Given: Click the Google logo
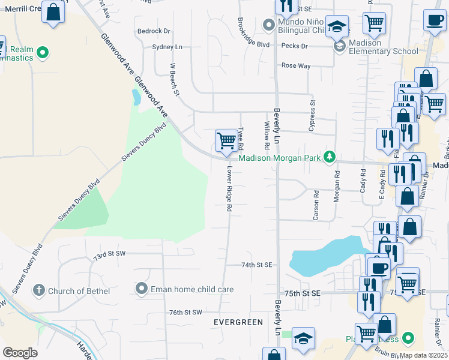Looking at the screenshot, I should click(20, 352).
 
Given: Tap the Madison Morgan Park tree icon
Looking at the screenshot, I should click(329, 158).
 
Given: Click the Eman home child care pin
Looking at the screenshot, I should click(142, 289).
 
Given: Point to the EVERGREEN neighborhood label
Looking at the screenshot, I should click(238, 322).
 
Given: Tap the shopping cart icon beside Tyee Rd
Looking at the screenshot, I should click(226, 142).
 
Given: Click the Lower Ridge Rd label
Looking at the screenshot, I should click(229, 188).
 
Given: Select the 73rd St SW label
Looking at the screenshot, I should click(110, 256).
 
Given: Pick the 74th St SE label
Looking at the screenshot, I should click(257, 265).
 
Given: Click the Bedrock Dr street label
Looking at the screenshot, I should click(154, 31).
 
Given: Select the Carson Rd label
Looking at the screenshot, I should click(316, 205).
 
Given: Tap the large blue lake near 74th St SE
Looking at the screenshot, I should click(324, 257).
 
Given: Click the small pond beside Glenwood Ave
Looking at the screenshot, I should click(136, 97).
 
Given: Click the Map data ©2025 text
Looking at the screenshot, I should click(423, 355).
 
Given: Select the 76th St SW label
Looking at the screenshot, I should click(185, 313).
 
